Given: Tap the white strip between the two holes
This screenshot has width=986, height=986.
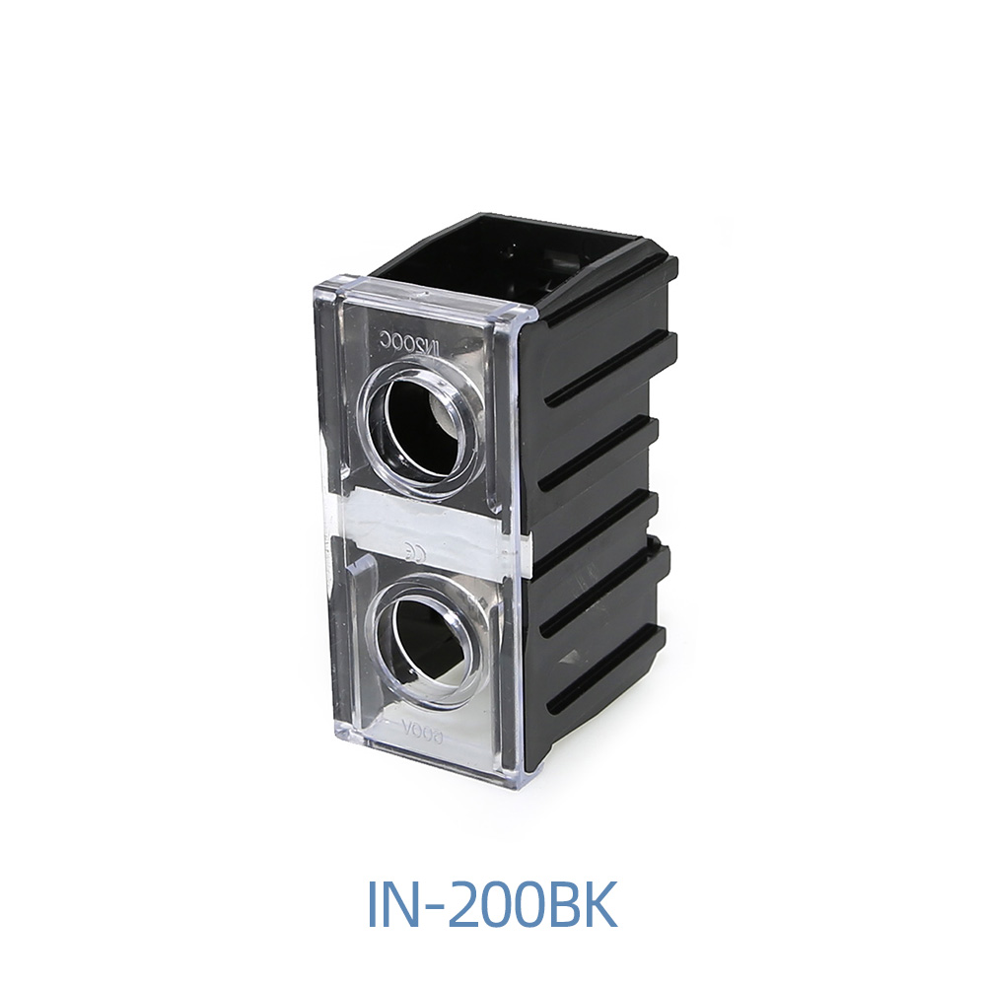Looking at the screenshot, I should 434,532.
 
